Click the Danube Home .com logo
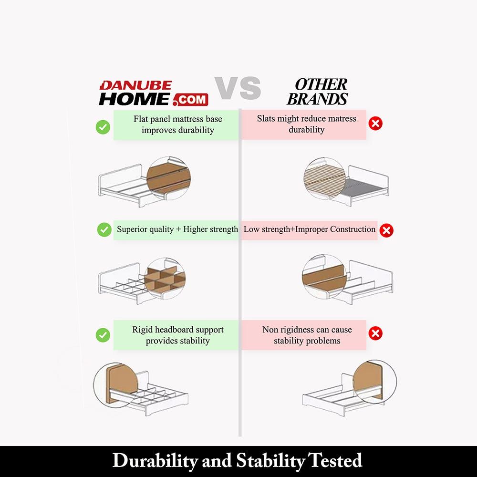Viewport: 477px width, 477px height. [154, 93]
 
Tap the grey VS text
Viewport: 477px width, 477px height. [238, 88]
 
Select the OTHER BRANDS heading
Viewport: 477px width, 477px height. [318, 92]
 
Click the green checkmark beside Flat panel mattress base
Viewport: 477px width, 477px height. [103, 127]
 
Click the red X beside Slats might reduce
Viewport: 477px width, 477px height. [375, 124]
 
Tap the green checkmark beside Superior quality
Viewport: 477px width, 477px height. [104, 230]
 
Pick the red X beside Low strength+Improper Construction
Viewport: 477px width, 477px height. [386, 230]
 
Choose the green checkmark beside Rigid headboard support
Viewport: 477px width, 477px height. [103, 335]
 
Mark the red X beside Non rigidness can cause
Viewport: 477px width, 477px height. [375, 333]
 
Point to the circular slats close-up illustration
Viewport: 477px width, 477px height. [324, 178]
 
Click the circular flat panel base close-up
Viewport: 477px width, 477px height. [168, 178]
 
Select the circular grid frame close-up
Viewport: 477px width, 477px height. [165, 279]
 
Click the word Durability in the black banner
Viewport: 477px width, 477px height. [155, 461]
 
